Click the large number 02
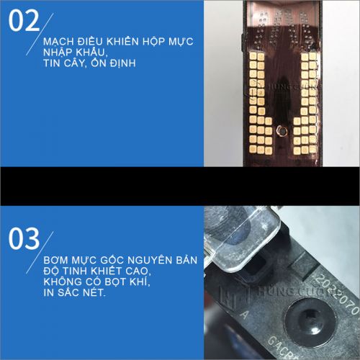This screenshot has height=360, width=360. tap(24, 22)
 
